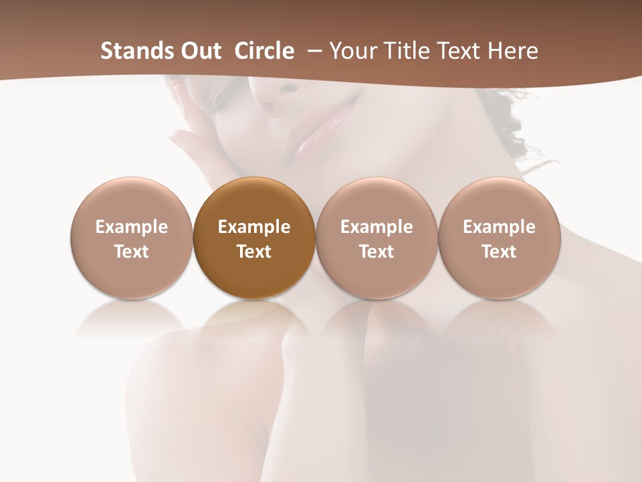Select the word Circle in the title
tap(264, 51)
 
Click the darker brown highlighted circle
tap(254, 238)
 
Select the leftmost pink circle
tap(131, 238)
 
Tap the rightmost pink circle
tap(499, 238)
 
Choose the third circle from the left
tap(377, 238)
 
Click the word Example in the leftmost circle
tap(131, 227)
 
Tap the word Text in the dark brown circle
tap(254, 252)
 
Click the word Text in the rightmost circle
tap(499, 252)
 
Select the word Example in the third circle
tap(377, 227)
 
